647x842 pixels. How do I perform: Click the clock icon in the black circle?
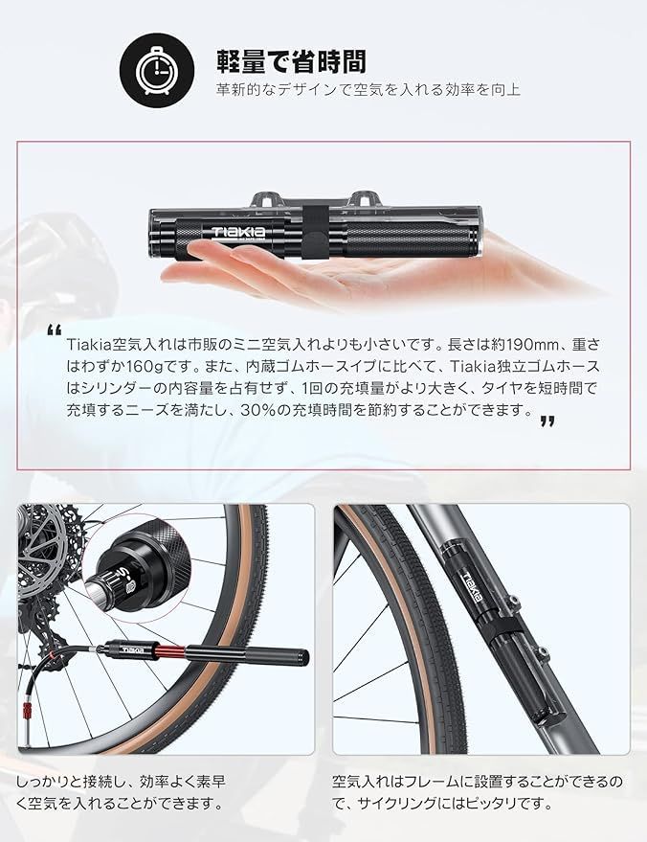[x=152, y=69]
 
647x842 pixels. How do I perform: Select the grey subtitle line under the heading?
[x=368, y=91]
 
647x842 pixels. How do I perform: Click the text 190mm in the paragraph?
[x=506, y=343]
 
